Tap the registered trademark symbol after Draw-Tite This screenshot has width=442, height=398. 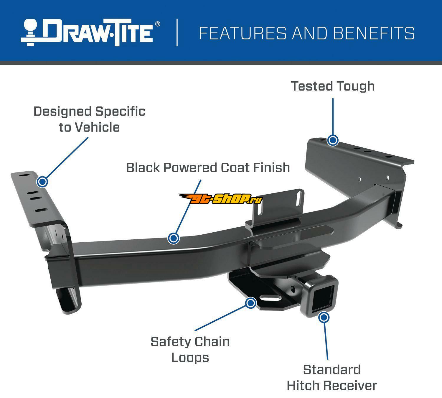[158, 24]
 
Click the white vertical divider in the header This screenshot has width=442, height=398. [177, 33]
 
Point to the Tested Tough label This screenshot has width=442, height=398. [333, 86]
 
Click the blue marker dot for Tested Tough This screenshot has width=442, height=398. [333, 140]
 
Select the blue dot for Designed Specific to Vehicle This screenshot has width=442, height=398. [42, 182]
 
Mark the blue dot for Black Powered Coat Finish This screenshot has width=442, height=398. [174, 238]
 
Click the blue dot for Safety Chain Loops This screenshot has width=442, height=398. [251, 303]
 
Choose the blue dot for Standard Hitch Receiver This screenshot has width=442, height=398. [324, 318]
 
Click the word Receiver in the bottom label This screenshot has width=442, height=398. [350, 385]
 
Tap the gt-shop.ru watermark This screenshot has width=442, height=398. [221, 199]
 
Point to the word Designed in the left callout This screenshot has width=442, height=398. [62, 111]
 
